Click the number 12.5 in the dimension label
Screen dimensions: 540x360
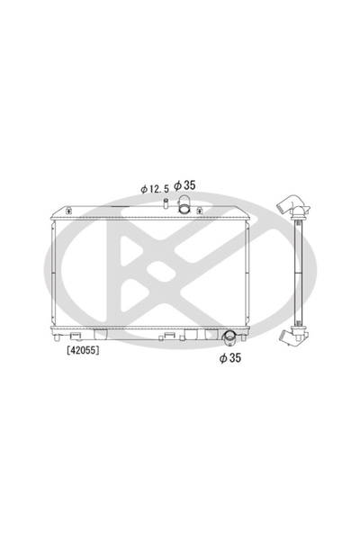pos(159,189)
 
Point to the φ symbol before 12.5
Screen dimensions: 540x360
pos(143,189)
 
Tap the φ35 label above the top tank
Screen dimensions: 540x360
pos(185,186)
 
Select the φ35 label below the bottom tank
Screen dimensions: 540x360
pos(231,357)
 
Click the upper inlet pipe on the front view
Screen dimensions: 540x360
pos(184,208)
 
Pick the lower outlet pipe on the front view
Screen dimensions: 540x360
pos(229,338)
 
